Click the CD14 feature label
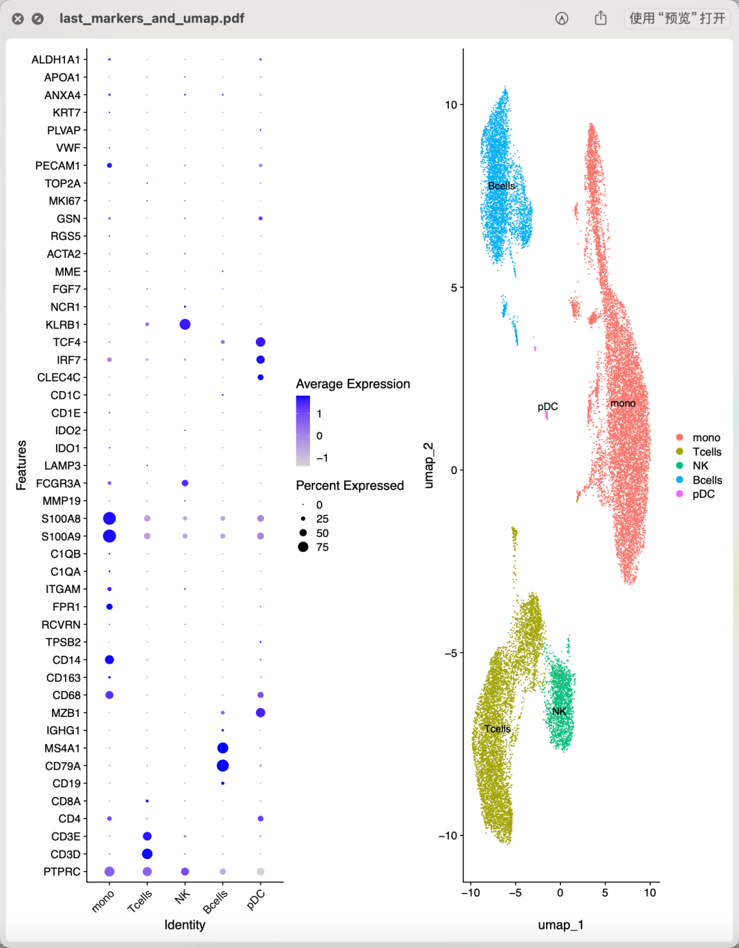tap(66, 660)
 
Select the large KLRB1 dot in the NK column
tap(185, 324)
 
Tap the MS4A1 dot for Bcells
tap(222, 748)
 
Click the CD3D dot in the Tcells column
tap(147, 854)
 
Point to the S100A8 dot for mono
tap(109, 518)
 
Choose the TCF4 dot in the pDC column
tap(260, 342)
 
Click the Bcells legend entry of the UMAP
tap(707, 480)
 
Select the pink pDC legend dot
tap(679, 494)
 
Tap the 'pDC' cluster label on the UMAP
tap(547, 406)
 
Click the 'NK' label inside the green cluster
tap(559, 711)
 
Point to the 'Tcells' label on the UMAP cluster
tap(497, 728)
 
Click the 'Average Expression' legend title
tap(352, 384)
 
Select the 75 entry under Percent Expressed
tap(322, 547)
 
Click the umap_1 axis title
tap(560, 925)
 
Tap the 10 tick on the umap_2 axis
tap(451, 105)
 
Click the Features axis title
tap(21, 465)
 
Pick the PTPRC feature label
tap(62, 872)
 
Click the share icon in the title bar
tap(600, 18)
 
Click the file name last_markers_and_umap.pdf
tap(152, 18)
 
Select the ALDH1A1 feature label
tap(55, 60)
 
